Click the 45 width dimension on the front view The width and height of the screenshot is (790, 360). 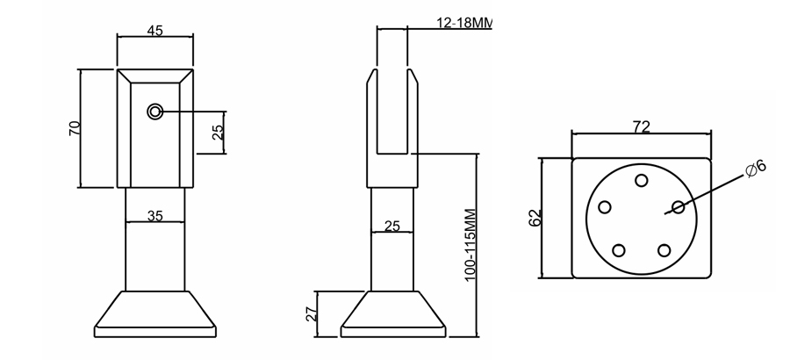click(154, 31)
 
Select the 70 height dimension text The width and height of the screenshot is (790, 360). click(75, 128)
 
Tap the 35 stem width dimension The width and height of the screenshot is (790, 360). click(154, 215)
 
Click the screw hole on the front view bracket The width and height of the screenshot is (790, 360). click(155, 112)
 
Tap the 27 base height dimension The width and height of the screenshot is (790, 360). click(311, 313)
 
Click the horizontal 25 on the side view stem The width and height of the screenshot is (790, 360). click(391, 226)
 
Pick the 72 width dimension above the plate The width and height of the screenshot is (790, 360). click(641, 127)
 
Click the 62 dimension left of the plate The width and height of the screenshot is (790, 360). click(535, 217)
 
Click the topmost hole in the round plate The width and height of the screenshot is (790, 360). click(642, 180)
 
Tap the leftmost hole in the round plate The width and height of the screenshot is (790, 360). click(605, 208)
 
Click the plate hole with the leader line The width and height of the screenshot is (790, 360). click(678, 207)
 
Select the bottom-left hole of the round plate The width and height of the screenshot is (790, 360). click(618, 250)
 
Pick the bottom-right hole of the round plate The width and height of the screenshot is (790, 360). click(664, 250)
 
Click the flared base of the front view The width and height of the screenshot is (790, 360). click(154, 313)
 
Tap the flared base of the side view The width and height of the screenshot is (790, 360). click(391, 313)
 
